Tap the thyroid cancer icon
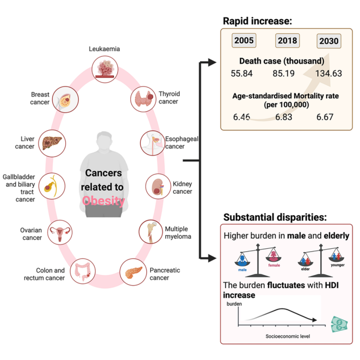pos(143,98)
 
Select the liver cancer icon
pos(53,142)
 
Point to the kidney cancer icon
pos(157,186)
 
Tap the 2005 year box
pos(244,41)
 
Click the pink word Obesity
pos(104,200)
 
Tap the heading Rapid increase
pos(257,21)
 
